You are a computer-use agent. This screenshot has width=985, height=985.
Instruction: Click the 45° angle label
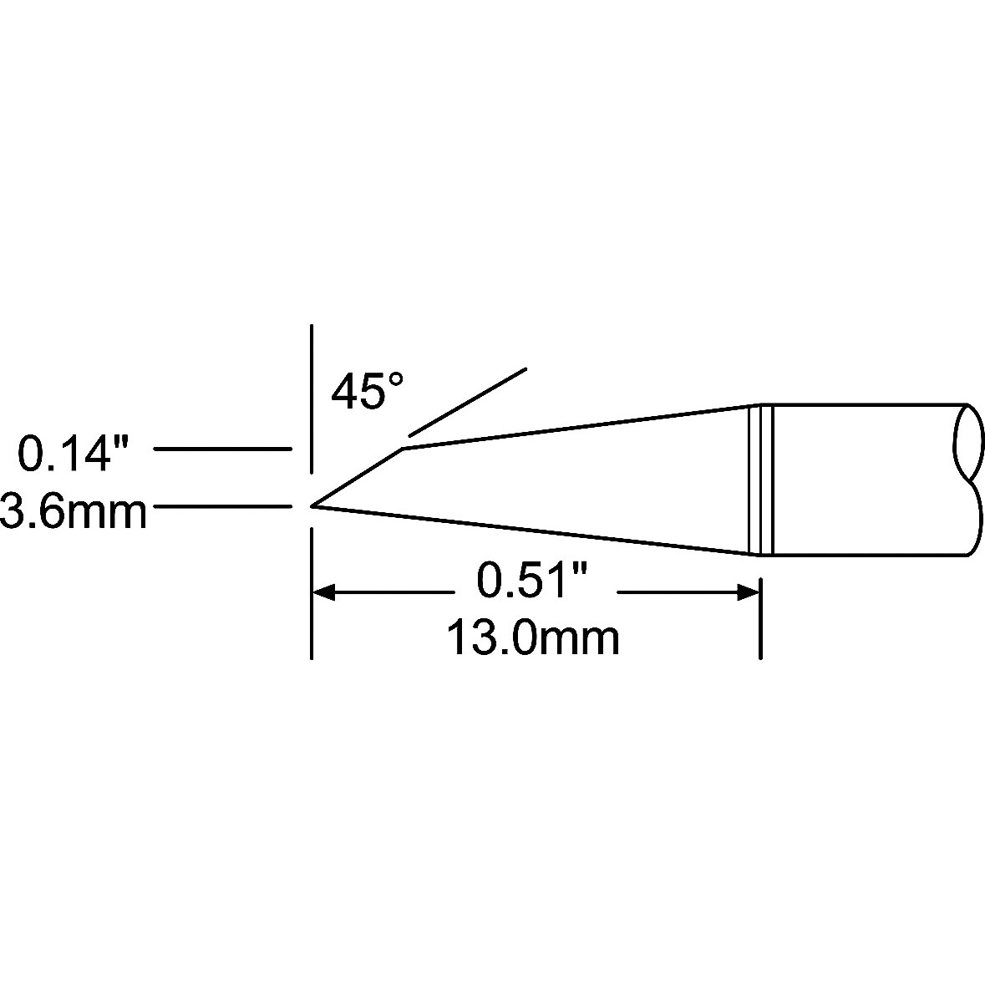pyautogui.click(x=368, y=391)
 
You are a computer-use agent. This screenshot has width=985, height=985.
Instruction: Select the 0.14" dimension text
pyautogui.click(x=74, y=452)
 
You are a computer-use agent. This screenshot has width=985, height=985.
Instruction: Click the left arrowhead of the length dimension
pyautogui.click(x=323, y=592)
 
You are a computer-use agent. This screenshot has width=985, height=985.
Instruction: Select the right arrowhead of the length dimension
pyautogui.click(x=749, y=592)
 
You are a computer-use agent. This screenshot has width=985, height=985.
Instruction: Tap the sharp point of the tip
pyautogui.click(x=312, y=505)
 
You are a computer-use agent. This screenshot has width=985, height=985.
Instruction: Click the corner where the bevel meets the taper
pyautogui.click(x=403, y=448)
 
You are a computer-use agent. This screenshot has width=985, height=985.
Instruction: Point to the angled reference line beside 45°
pyautogui.click(x=467, y=401)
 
